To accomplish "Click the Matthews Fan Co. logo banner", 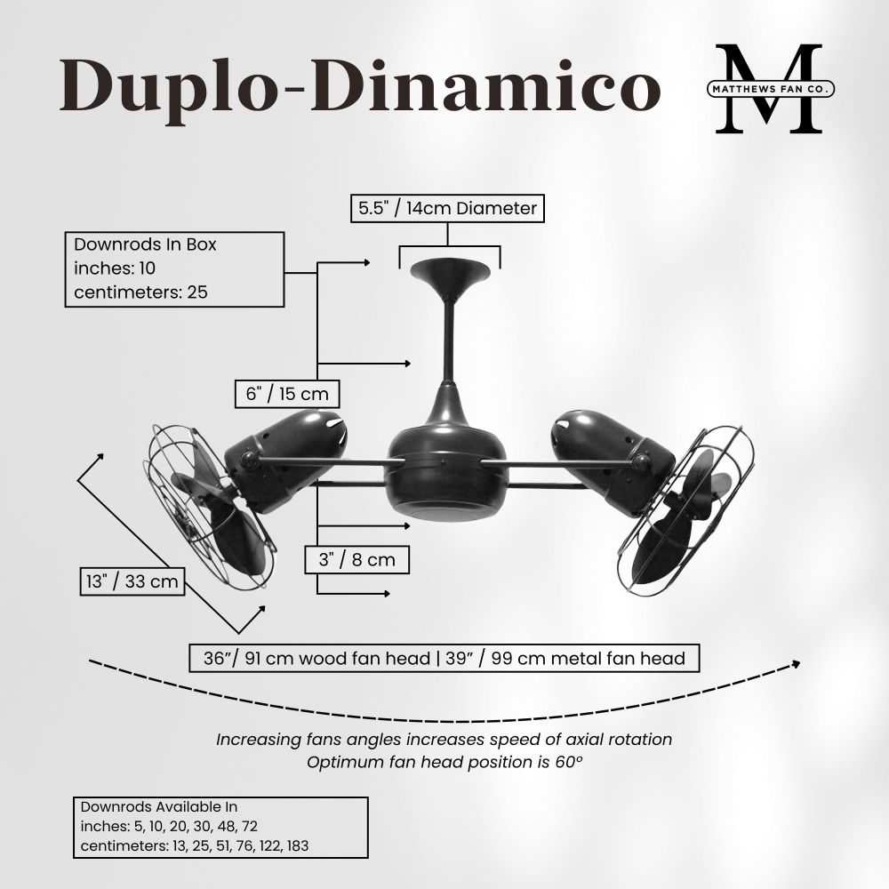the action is click(771, 89).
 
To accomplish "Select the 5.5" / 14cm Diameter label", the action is click(447, 208).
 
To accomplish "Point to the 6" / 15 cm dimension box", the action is click(287, 394).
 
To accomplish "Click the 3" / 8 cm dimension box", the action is click(356, 559).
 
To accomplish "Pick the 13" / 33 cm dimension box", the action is click(132, 581).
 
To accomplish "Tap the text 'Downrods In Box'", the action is click(145, 244).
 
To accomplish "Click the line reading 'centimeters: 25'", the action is click(140, 292).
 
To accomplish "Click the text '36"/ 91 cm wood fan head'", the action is click(317, 658).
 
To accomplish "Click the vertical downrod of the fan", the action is click(449, 340).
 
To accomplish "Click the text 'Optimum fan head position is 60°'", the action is click(444, 763).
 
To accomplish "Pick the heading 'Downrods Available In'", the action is click(159, 807).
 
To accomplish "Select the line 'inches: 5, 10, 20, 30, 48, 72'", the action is click(169, 827).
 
